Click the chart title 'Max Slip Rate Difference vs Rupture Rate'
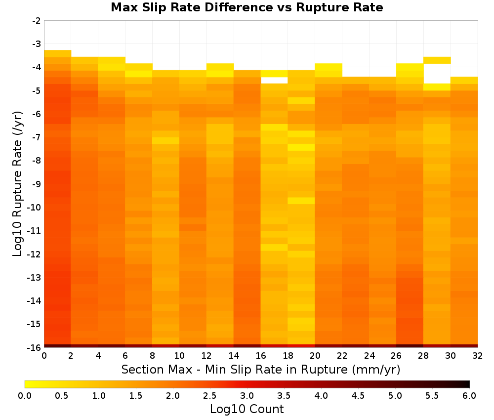click(x=247, y=7)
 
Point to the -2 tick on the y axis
click(x=36, y=21)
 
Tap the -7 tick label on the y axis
click(x=36, y=137)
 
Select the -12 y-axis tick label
click(x=34, y=254)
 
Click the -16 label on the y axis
click(x=34, y=347)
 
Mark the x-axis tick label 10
click(x=179, y=356)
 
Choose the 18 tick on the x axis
click(x=288, y=356)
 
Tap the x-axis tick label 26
click(x=396, y=356)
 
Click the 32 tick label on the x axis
click(x=477, y=356)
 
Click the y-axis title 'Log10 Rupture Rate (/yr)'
click(x=17, y=184)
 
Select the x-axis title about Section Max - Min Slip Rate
click(x=260, y=369)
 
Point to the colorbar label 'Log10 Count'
click(x=247, y=409)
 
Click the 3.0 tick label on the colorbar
click(x=247, y=396)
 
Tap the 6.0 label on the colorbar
click(x=469, y=396)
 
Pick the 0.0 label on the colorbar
click(x=25, y=396)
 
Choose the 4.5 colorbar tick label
click(x=358, y=396)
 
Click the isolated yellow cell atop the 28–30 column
click(x=437, y=60)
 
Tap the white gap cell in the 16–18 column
click(x=274, y=81)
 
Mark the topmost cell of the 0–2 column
click(x=58, y=53)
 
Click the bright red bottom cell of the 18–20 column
click(x=301, y=346)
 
